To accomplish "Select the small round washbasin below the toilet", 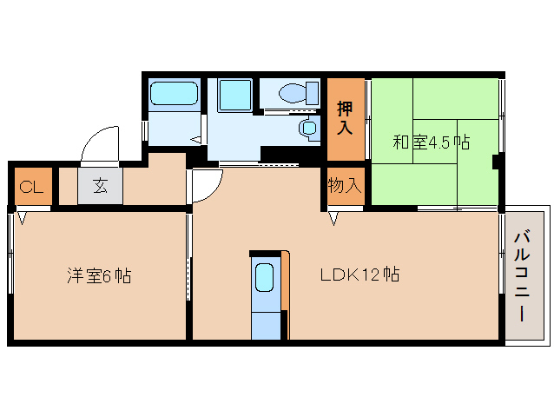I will click(x=308, y=128).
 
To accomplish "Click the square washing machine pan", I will click(x=232, y=93).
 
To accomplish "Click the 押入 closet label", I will click(x=345, y=118).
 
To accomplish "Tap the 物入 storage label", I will click(x=345, y=186).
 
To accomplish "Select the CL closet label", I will click(x=30, y=186).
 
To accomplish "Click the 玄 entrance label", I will click(x=101, y=186).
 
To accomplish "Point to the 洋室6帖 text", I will click(x=100, y=276).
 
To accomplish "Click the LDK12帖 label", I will click(x=359, y=275).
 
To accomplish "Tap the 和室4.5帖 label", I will click(x=432, y=142).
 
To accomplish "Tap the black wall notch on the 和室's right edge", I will click(x=496, y=161).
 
